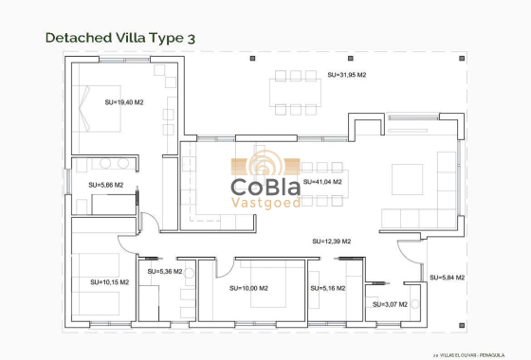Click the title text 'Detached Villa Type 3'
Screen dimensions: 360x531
[x=120, y=38]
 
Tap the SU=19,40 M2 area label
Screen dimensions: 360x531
[x=124, y=101]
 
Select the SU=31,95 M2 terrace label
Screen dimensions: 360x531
[x=346, y=74]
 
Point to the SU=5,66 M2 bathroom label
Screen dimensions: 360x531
[x=105, y=185]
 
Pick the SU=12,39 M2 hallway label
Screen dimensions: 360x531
[x=331, y=242]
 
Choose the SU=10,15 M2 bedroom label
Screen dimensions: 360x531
[x=109, y=281]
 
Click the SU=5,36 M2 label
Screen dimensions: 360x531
[x=164, y=271]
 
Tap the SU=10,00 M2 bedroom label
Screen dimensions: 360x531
[x=248, y=288]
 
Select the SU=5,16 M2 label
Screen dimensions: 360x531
[x=327, y=288]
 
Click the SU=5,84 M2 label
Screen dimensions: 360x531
[x=447, y=278]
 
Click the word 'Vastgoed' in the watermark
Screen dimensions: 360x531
[x=266, y=202]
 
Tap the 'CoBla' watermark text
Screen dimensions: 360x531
[x=266, y=185]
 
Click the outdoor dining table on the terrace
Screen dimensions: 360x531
[x=297, y=92]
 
